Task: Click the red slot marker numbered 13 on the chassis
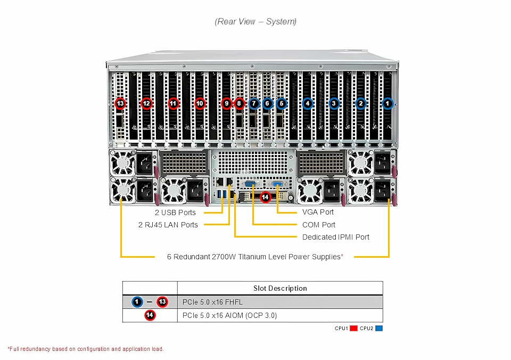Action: (x=120, y=103)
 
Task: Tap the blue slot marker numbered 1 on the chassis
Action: (x=388, y=103)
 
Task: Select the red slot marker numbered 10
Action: (x=200, y=103)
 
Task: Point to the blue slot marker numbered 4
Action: (x=307, y=103)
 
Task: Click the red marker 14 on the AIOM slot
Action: (x=265, y=197)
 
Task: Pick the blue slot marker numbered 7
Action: (x=254, y=103)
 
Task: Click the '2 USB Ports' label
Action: (x=175, y=212)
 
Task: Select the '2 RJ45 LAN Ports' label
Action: (x=168, y=225)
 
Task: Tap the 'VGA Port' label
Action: (x=318, y=212)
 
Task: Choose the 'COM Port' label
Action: (x=319, y=225)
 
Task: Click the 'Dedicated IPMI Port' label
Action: (x=335, y=237)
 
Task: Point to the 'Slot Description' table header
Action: (x=280, y=288)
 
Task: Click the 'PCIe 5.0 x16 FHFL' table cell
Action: (x=212, y=302)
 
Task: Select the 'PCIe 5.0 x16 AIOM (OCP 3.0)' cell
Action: (x=229, y=315)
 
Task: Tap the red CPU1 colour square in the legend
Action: (x=353, y=328)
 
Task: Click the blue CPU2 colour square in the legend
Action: (x=379, y=328)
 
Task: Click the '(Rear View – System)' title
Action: (x=256, y=21)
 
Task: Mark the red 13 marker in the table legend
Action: (x=162, y=302)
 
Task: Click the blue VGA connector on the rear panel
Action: (x=278, y=185)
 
